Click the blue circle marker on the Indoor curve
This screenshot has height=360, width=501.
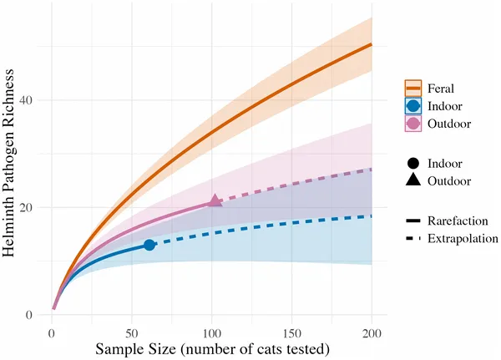pos(149,245)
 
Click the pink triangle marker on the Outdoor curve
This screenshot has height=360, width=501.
pos(215,201)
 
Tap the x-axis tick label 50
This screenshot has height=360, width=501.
pos(132,332)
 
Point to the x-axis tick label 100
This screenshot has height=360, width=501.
pos(211,332)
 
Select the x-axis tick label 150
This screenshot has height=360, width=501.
pos(291,332)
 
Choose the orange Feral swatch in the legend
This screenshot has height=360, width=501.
pos(412,88)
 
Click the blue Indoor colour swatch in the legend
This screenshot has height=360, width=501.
pos(412,106)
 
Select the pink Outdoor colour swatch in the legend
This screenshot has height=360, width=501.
pos(412,124)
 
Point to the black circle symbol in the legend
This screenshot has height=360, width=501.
pos(412,163)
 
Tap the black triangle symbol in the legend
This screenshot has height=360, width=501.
pos(412,181)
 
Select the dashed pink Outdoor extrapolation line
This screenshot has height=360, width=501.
pos(292,183)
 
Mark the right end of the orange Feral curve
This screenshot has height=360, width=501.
pos(371,44)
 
